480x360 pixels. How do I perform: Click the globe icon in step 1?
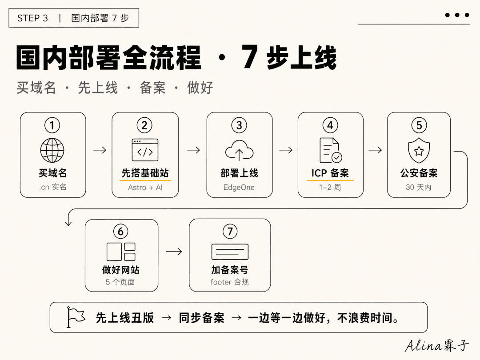coord(52,150)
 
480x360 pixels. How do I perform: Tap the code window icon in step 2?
coord(145,150)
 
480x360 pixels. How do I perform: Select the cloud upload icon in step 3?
coord(239,151)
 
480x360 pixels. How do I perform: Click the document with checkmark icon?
coord(331,151)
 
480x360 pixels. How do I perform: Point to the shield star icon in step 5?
coord(419,150)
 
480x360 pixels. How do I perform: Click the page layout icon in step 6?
coord(121,252)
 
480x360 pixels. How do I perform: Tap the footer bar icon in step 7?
coord(230,252)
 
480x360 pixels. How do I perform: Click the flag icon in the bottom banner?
coord(76,317)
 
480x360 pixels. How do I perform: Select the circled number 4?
coord(330,125)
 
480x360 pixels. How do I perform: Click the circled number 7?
coord(230,232)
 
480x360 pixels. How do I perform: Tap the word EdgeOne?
coord(239,188)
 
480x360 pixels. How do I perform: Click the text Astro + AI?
coord(145,188)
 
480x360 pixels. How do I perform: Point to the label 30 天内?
coord(419,187)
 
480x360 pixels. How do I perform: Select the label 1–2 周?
coord(330,187)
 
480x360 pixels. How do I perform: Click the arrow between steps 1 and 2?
coord(100,150)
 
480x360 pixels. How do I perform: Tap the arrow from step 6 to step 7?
coord(174,252)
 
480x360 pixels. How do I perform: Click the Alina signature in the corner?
coord(437,345)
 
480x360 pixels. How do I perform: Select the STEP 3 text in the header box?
coord(33,18)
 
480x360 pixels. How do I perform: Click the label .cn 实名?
coord(52,187)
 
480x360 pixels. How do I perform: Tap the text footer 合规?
coord(230,282)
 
